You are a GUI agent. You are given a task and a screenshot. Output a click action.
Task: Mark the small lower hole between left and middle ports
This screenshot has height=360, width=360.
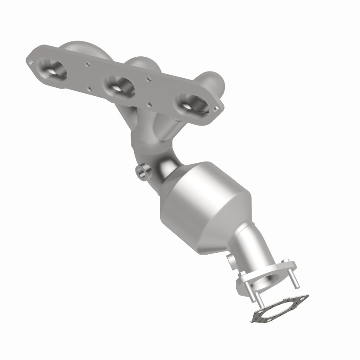[90, 88]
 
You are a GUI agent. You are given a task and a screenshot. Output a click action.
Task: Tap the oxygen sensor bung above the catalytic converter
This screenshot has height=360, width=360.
[141, 172]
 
